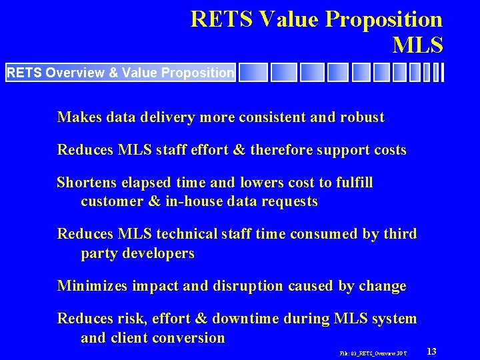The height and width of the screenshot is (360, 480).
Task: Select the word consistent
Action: pyautogui.click(x=270, y=117)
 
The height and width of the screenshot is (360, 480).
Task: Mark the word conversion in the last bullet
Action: pyautogui.click(x=188, y=337)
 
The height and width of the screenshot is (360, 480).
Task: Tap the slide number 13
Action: pyautogui.click(x=431, y=351)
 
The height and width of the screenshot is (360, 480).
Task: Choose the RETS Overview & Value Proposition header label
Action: pyautogui.click(x=120, y=72)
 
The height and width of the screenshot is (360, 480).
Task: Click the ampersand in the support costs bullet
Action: pyautogui.click(x=238, y=150)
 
